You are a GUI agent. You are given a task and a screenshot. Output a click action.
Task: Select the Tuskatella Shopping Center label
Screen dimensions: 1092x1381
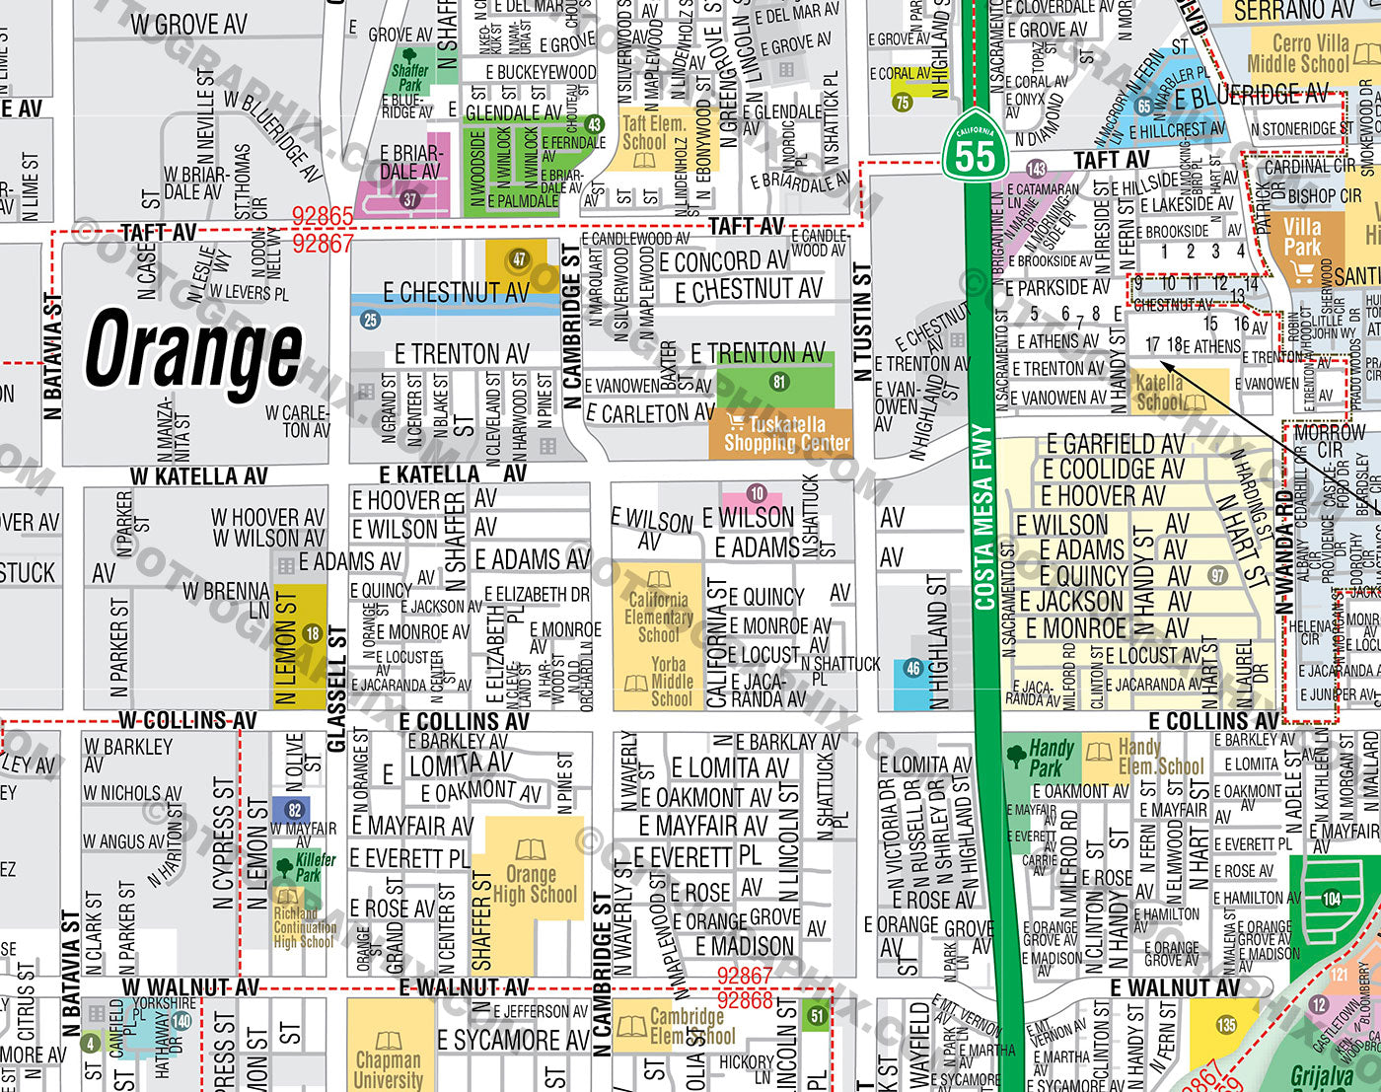click(x=785, y=434)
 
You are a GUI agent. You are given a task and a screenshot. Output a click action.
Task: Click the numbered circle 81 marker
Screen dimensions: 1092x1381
click(x=779, y=382)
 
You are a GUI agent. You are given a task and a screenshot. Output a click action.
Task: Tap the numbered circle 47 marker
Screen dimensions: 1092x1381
click(x=519, y=260)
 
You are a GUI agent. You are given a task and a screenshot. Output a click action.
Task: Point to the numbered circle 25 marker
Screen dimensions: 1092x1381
click(x=370, y=319)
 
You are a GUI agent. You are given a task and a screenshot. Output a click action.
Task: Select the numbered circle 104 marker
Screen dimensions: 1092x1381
click(x=1331, y=899)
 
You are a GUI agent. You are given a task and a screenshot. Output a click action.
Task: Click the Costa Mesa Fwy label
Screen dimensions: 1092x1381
click(x=983, y=517)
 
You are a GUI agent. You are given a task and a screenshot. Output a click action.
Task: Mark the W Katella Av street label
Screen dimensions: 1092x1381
click(x=198, y=476)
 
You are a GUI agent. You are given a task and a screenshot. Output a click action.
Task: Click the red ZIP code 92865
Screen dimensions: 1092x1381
click(x=322, y=216)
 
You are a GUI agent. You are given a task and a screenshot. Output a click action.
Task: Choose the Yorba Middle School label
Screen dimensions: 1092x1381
click(x=670, y=682)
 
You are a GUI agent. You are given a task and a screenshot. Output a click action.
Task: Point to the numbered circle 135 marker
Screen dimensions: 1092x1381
click(x=1225, y=1025)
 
